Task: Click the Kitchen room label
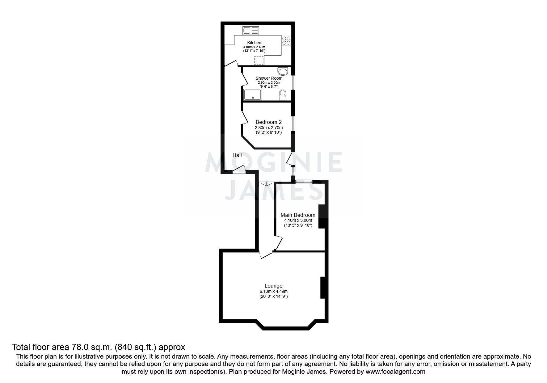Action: coord(254,43)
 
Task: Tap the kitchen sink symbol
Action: coord(250,30)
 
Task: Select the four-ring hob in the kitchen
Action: coord(286,41)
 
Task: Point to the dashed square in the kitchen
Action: coord(259,61)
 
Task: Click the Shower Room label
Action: coord(269,78)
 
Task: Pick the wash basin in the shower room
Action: coord(282,72)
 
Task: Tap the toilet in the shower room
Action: coord(283,94)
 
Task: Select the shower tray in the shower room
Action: coord(253,95)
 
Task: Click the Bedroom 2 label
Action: coord(268,122)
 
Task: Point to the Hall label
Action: coord(237,155)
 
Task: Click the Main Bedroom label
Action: coord(298,215)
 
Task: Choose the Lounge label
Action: coord(273,286)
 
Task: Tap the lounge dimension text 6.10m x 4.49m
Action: coord(273,291)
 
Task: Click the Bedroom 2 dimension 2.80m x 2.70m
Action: coord(268,128)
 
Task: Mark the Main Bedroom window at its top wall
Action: coord(304,182)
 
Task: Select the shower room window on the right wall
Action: coord(293,83)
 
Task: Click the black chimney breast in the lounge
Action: coord(322,288)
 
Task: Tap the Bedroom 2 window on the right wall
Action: coord(293,123)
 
